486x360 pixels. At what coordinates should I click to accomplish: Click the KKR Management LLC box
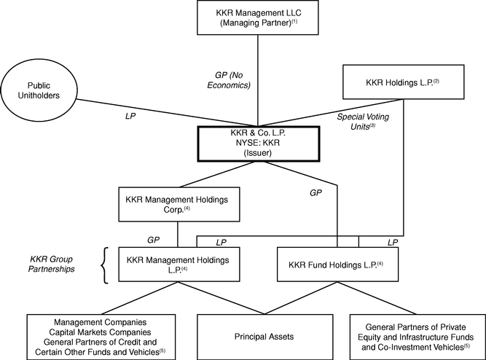tap(257, 17)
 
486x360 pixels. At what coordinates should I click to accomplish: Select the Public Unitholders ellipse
tap(39, 90)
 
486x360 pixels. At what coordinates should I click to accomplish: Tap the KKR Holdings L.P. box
tap(403, 82)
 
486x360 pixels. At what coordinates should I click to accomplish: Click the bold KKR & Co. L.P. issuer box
tap(259, 144)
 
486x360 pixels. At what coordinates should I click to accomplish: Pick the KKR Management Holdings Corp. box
tap(179, 204)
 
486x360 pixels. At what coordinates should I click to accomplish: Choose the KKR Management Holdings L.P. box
tap(179, 265)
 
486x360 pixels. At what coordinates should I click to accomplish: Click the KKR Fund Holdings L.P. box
tap(337, 265)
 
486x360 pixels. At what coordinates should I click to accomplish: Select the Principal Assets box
tap(265, 337)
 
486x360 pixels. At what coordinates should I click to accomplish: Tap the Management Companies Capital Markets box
tap(101, 337)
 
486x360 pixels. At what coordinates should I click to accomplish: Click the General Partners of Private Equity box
tap(418, 337)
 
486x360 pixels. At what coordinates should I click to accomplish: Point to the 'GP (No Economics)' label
tap(229, 80)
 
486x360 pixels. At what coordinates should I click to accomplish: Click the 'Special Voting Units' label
tap(363, 122)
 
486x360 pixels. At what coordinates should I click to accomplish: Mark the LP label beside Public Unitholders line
tap(130, 116)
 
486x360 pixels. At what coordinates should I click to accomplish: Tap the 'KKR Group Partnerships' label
tap(52, 264)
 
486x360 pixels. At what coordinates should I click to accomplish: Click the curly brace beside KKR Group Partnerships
tap(105, 265)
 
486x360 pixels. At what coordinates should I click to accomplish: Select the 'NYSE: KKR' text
tap(258, 143)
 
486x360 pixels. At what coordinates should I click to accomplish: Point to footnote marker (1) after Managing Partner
tap(294, 21)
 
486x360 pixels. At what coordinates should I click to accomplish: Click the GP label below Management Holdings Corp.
tap(154, 240)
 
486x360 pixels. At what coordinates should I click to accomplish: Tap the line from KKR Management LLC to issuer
tap(258, 80)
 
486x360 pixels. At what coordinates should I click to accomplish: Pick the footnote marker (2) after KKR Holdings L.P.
tap(436, 81)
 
